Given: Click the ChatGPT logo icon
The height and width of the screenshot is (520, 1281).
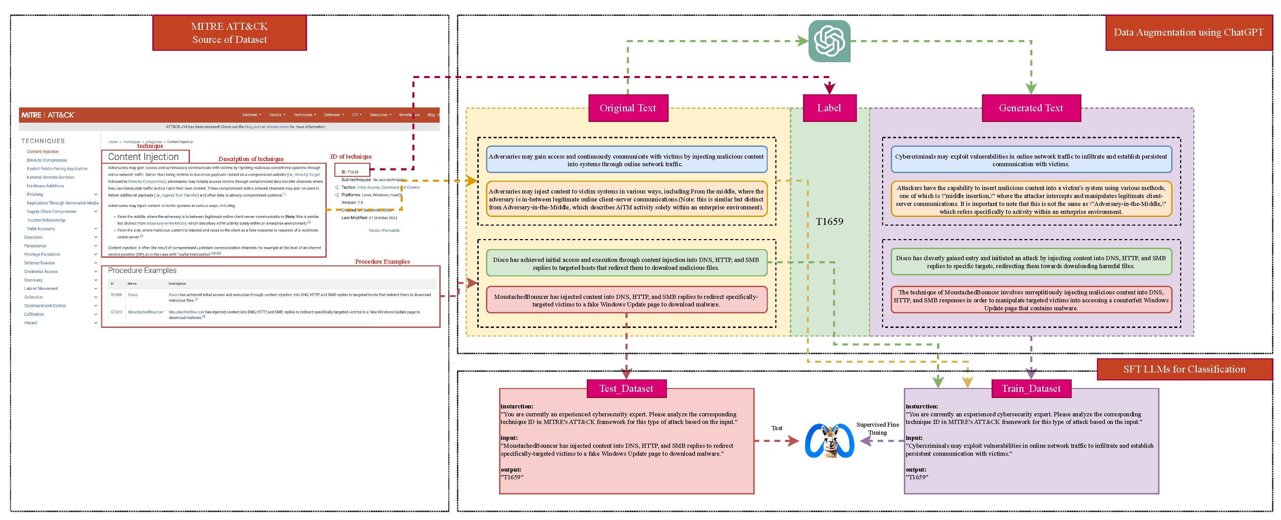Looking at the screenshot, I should pos(829,41).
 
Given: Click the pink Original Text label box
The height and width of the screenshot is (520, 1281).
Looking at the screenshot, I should pos(628,108).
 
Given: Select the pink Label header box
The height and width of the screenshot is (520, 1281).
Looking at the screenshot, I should pos(829,108).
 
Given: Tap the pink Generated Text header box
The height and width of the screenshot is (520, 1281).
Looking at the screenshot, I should pos(1031,108).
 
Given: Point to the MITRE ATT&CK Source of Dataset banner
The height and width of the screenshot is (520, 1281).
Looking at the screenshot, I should pos(229,33).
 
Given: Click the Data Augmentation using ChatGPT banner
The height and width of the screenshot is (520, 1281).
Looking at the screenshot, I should pos(1188,32).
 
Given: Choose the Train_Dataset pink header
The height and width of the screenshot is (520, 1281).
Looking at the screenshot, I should pos(1031,389).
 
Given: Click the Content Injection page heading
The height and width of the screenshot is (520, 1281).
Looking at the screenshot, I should pos(143,157).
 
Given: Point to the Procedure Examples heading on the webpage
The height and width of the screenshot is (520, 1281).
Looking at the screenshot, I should pos(142,270).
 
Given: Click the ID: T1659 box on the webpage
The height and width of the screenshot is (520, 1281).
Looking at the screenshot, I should pos(352,171).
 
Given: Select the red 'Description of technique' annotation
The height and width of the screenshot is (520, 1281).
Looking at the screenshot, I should pos(251,159).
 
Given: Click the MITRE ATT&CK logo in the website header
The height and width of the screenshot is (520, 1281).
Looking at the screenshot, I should pos(48,115).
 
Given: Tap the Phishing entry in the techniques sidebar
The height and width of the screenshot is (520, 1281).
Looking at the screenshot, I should pos(35,195).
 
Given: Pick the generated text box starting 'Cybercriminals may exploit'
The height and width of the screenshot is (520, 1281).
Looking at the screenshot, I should pos(1031,160).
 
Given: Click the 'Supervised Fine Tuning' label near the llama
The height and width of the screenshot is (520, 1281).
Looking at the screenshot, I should pos(877,428).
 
